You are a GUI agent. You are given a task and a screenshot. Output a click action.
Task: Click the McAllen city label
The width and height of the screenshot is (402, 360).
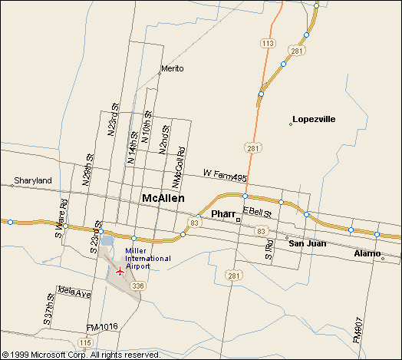[x=163, y=198]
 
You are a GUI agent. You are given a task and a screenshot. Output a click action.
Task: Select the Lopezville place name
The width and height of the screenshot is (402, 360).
[x=314, y=120]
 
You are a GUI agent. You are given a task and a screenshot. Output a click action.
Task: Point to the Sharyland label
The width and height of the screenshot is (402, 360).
[x=31, y=180]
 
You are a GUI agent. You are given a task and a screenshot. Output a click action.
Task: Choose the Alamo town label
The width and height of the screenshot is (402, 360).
[x=367, y=253]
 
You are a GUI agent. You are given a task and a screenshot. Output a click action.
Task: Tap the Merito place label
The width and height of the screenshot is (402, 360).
[x=173, y=68]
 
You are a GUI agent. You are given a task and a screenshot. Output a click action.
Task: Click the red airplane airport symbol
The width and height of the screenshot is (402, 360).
[x=119, y=271]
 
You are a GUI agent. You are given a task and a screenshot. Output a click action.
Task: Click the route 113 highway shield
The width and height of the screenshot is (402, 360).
[x=268, y=44]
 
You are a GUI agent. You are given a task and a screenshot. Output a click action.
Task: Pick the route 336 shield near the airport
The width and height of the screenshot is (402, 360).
[x=137, y=286]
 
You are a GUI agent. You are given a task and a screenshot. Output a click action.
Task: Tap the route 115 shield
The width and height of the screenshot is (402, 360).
[x=85, y=342]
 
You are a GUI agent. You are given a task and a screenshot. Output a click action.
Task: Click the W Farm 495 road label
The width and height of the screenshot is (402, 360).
[x=225, y=174]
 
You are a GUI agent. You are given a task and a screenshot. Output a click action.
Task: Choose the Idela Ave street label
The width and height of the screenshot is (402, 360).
[x=74, y=293]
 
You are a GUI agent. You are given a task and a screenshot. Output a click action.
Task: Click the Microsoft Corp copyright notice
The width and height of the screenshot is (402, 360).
[x=81, y=355]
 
